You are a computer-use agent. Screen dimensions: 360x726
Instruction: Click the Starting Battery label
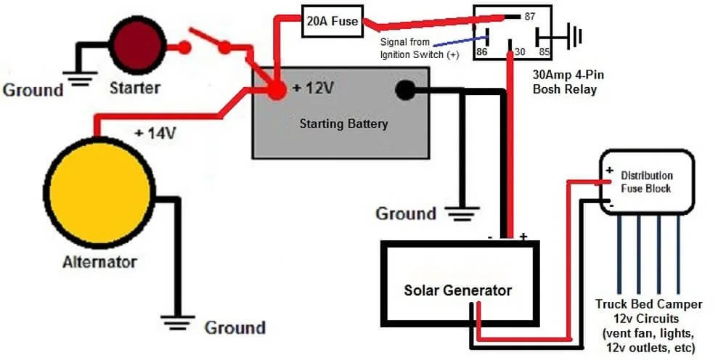343,123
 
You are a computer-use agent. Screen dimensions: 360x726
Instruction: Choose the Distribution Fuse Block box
645,181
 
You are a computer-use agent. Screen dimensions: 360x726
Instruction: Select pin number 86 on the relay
481,53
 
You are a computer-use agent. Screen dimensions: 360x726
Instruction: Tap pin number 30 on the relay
521,53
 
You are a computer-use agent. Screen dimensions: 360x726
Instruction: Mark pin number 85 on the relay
543,53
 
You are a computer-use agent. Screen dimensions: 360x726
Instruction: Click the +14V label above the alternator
155,134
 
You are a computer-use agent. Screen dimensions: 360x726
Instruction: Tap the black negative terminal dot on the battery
404,90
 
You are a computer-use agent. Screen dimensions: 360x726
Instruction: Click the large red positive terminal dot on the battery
276,90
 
